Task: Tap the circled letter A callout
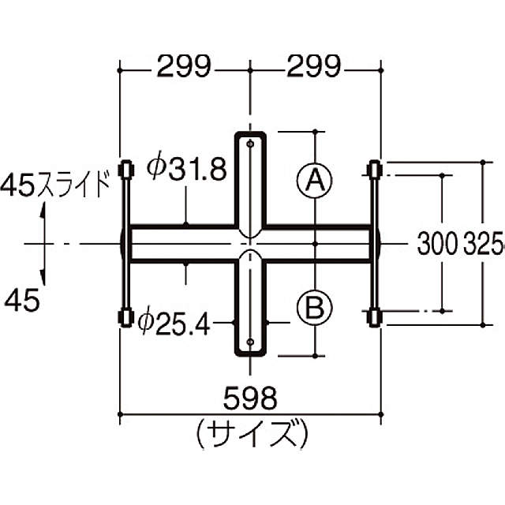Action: click(x=314, y=181)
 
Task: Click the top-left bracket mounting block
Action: click(x=124, y=170)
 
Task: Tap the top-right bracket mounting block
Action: click(x=375, y=169)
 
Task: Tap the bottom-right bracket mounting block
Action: click(x=375, y=318)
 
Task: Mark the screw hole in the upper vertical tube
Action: click(x=250, y=145)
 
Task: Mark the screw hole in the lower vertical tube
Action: click(x=250, y=342)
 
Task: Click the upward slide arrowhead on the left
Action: click(x=43, y=210)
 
